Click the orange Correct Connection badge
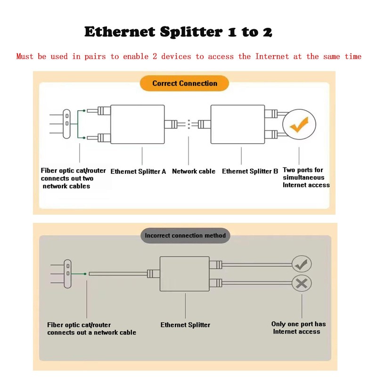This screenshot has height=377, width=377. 184,83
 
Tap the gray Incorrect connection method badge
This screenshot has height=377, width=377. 185,235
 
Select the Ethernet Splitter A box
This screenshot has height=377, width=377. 137,124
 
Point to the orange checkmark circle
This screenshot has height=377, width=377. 299,125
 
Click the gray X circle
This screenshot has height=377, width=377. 302,284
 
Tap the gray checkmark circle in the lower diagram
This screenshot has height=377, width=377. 302,264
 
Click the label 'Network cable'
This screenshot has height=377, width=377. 194,172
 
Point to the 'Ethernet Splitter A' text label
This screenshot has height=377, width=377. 138,172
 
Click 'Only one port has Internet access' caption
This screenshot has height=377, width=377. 298,328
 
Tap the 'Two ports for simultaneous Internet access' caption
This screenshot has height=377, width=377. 306,178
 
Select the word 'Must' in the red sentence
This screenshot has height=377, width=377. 25,57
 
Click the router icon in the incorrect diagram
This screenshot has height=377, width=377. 68,273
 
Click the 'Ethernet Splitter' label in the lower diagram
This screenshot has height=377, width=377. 185,325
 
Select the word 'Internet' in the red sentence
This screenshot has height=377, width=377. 272,57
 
